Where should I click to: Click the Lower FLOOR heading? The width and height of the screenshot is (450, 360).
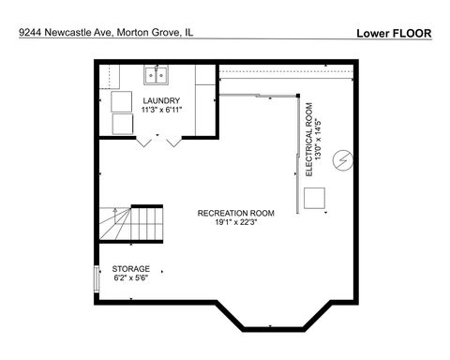[x=394, y=33]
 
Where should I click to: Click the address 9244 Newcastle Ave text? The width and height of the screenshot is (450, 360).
[x=66, y=33]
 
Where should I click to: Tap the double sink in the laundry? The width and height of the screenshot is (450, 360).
[x=155, y=75]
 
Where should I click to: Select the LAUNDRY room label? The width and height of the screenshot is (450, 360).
[x=161, y=99]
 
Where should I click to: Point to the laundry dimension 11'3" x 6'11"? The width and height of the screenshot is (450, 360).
[x=161, y=110]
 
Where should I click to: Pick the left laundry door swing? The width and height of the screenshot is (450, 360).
[x=144, y=142]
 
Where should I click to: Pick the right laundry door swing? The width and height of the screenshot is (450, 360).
[x=172, y=142]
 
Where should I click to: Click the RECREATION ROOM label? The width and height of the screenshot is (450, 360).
[x=235, y=213]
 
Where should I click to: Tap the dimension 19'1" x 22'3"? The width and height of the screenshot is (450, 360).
[x=235, y=223]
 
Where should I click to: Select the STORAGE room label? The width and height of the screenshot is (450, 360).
[x=130, y=269]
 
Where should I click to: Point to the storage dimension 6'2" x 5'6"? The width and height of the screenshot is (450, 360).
[x=130, y=278]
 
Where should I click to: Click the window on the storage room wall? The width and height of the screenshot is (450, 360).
[x=98, y=278]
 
